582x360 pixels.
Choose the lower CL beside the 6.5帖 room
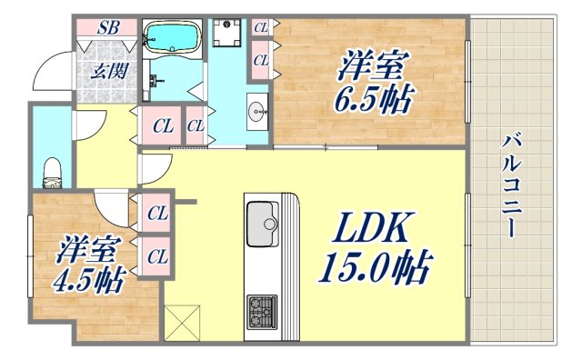click(261, 60)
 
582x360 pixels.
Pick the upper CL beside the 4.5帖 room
click(156, 215)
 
